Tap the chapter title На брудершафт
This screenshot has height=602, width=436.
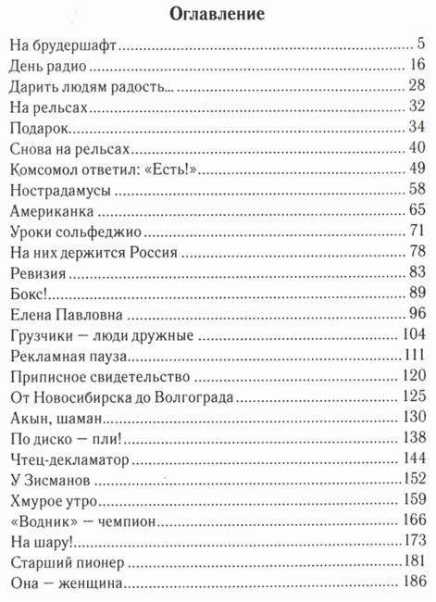(x=65, y=45)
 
